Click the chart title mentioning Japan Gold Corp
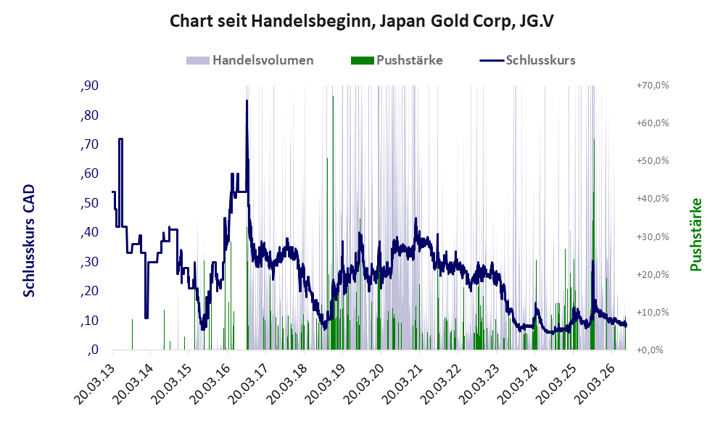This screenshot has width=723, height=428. [x=361, y=21]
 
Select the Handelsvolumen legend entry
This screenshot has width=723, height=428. [x=250, y=60]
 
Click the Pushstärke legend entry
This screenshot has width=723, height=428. [x=397, y=60]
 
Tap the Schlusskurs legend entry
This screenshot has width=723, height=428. [x=527, y=60]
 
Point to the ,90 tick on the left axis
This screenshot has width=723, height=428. [x=89, y=86]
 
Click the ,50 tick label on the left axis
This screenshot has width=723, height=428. [x=89, y=203]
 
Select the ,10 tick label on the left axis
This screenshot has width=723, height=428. [x=89, y=321]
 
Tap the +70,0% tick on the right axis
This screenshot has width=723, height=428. [x=653, y=86]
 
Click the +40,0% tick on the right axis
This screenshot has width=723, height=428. [x=653, y=198]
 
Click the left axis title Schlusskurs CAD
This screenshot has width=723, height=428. [x=28, y=240]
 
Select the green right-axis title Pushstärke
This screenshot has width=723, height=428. [x=695, y=234]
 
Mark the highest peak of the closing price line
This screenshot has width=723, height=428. [x=247, y=101]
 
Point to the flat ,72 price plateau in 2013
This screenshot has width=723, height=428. [x=120, y=139]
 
